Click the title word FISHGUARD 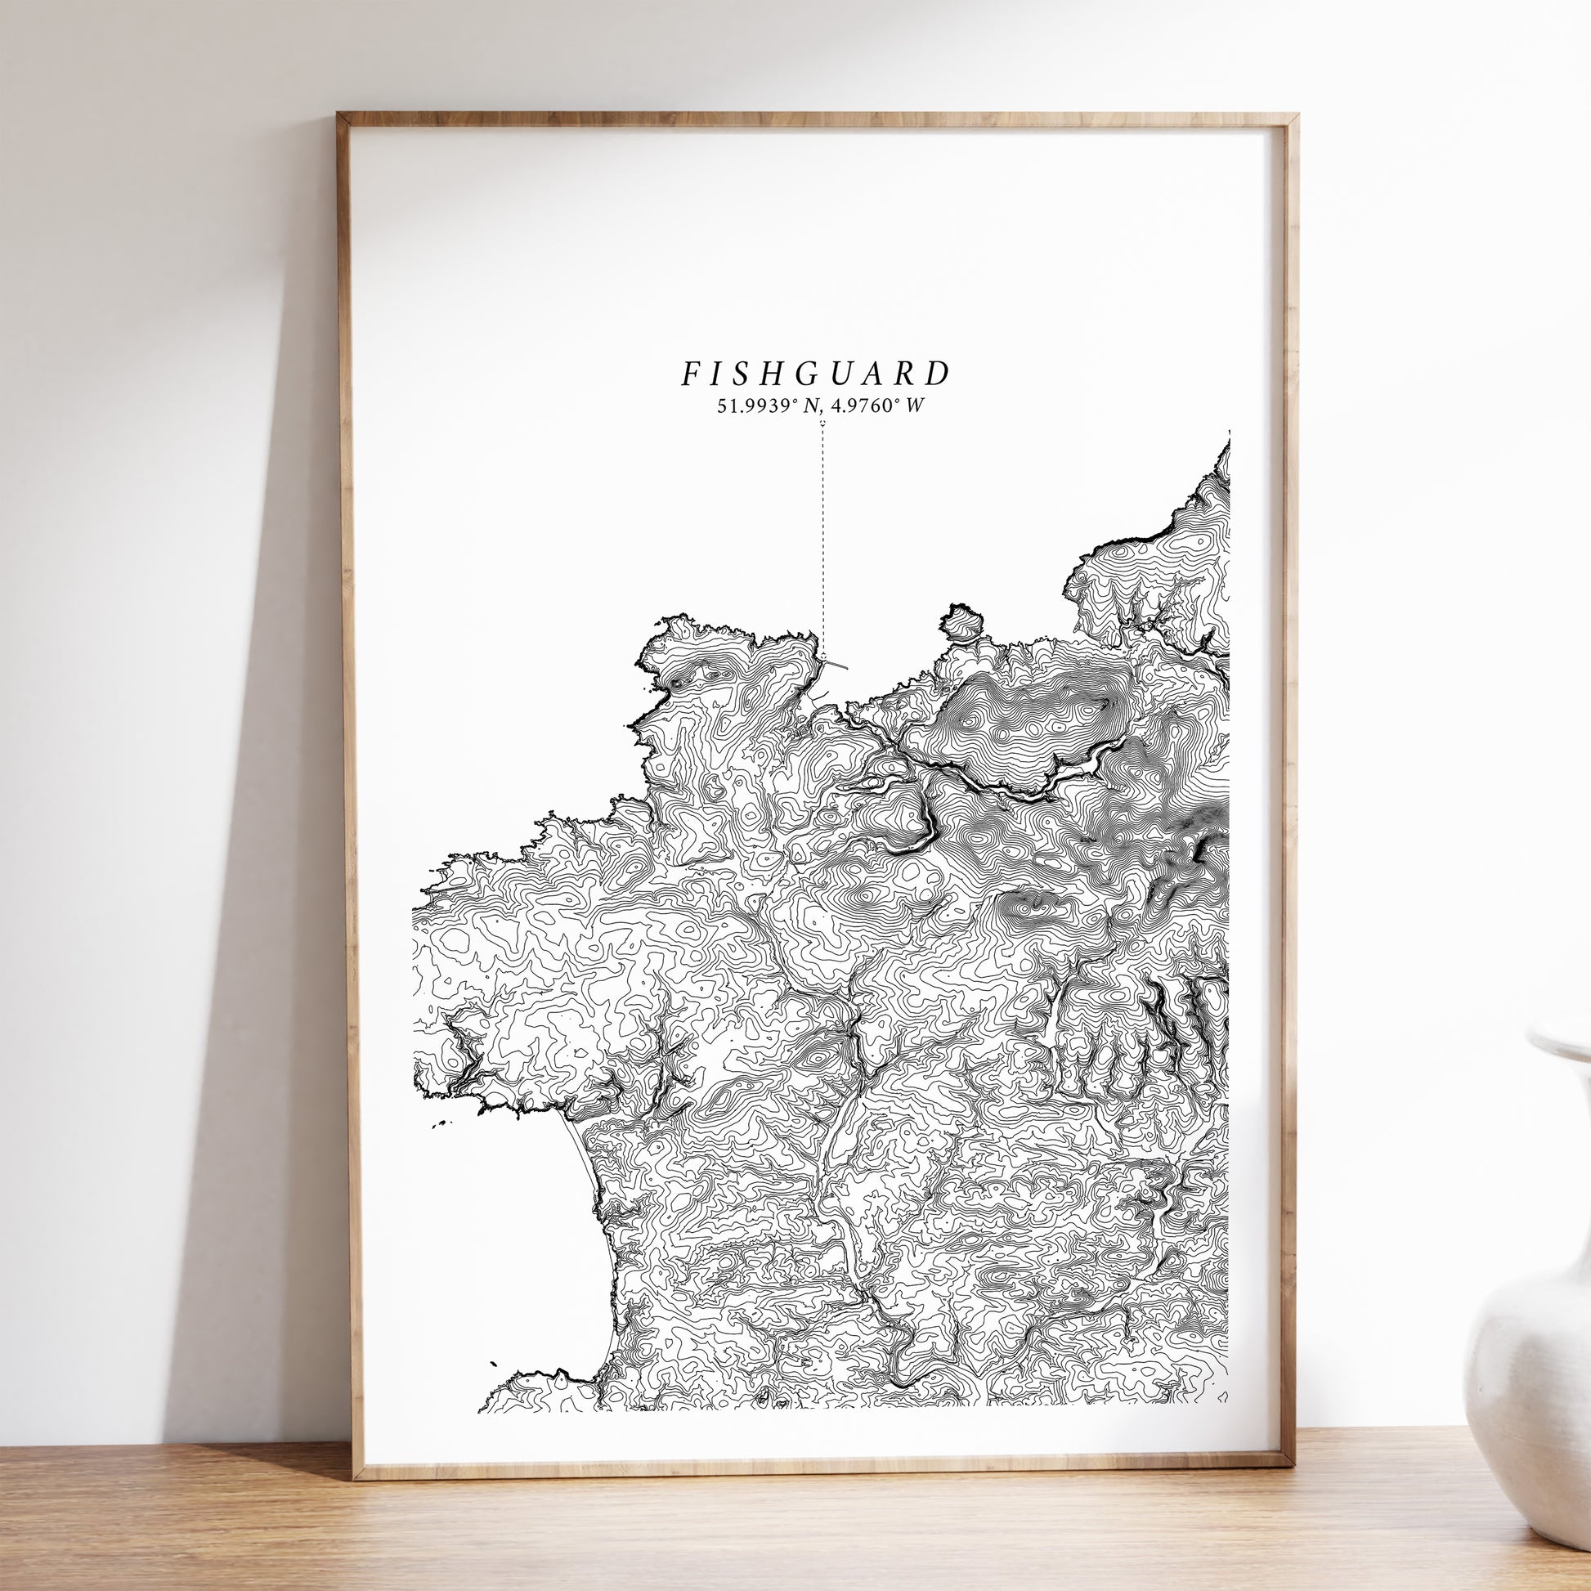click(x=815, y=373)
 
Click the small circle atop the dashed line click(x=822, y=424)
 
